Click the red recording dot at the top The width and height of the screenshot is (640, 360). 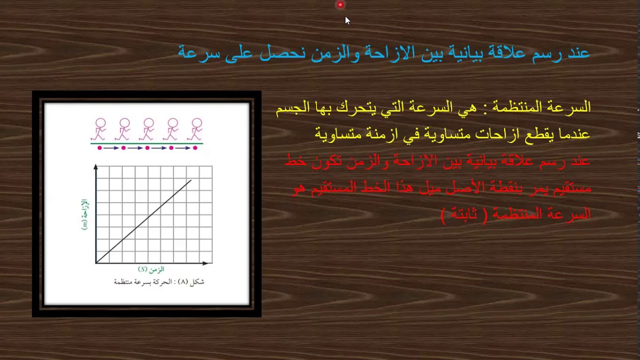point(340,5)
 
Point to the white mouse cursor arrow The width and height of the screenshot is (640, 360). point(347,20)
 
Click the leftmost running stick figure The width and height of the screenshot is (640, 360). point(99,129)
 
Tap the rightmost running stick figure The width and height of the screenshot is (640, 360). point(195,129)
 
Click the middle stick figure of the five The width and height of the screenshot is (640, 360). point(147,129)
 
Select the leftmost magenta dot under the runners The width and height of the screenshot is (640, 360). point(99,148)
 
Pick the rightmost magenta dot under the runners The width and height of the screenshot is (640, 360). point(195,148)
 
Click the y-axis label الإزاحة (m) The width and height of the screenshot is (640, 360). point(84,214)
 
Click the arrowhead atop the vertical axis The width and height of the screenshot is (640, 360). point(95,167)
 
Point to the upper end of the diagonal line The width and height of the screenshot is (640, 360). point(191,180)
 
